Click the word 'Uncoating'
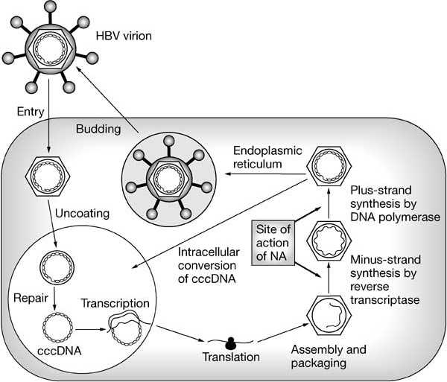pos(81,214)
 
